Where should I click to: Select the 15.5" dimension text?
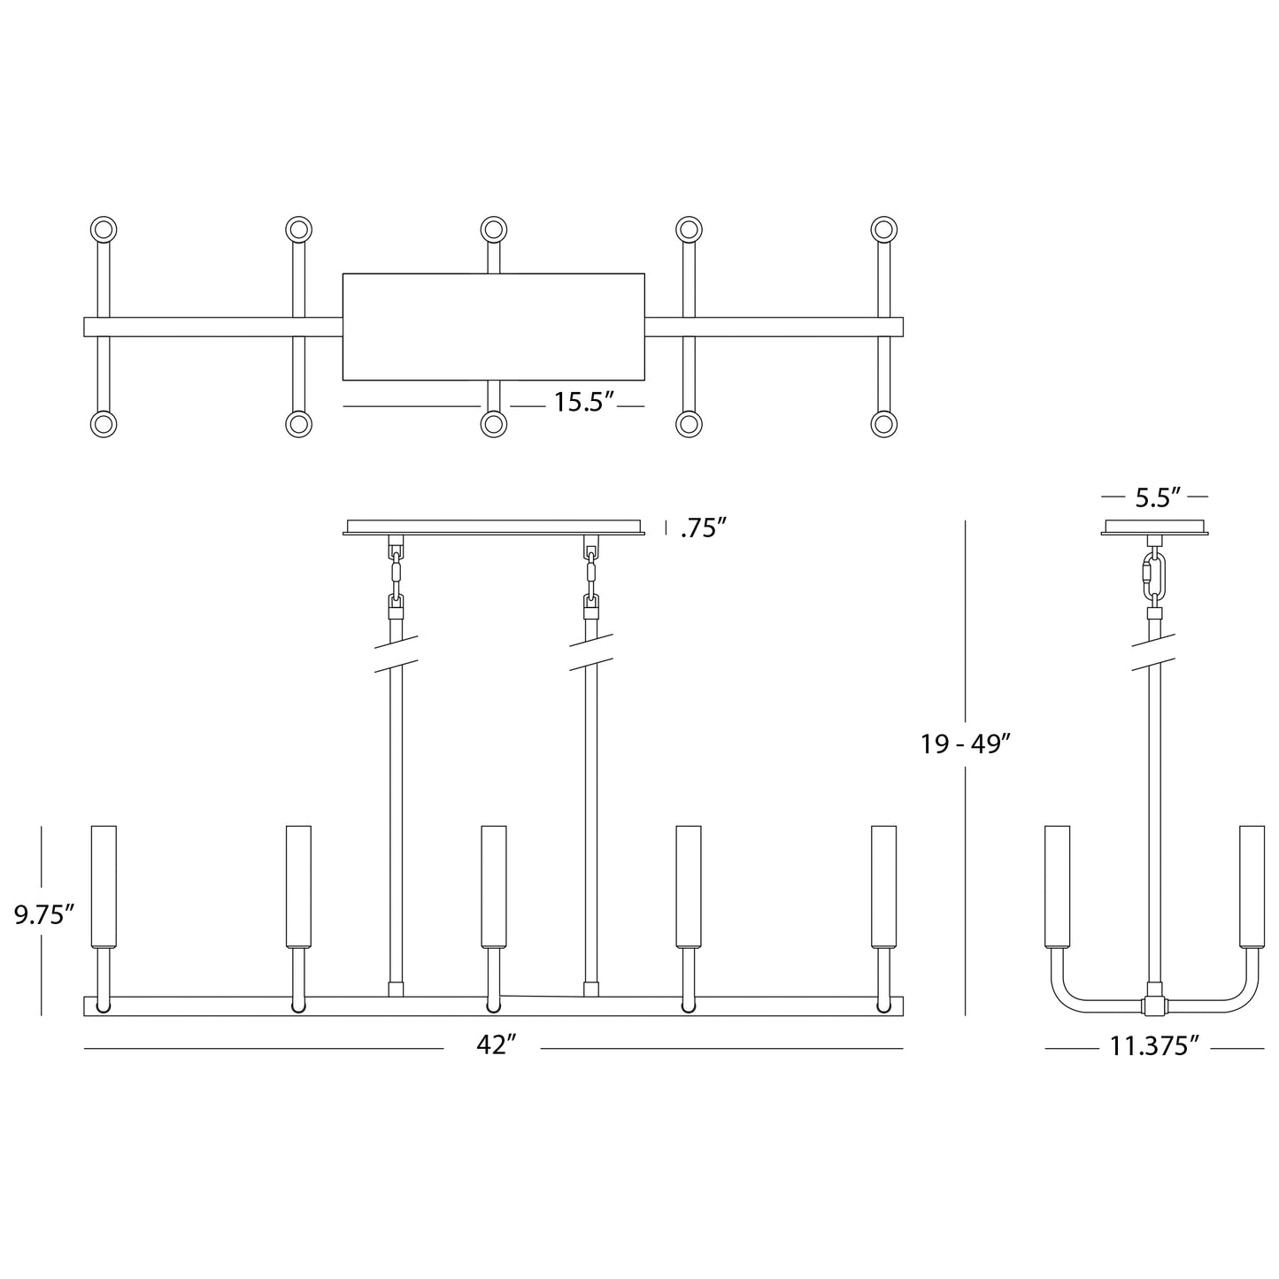coord(584,403)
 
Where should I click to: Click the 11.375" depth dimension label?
coord(1154,1047)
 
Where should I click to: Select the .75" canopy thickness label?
coord(704,528)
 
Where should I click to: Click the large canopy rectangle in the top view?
coord(493,327)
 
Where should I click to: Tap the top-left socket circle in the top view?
coord(104,230)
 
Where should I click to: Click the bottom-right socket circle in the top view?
coord(883,424)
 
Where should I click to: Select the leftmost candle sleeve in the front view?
coord(104,885)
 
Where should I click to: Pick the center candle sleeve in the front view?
coord(493,885)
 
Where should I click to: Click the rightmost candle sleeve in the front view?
coord(883,885)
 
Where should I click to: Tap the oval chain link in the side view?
coord(1154,576)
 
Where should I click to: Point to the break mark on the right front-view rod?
coord(590,652)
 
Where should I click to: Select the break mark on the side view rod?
coord(1154,652)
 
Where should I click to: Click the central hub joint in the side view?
coord(1154,1005)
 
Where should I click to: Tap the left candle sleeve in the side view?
coord(1057,885)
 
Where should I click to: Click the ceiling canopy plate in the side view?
coord(1154,528)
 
